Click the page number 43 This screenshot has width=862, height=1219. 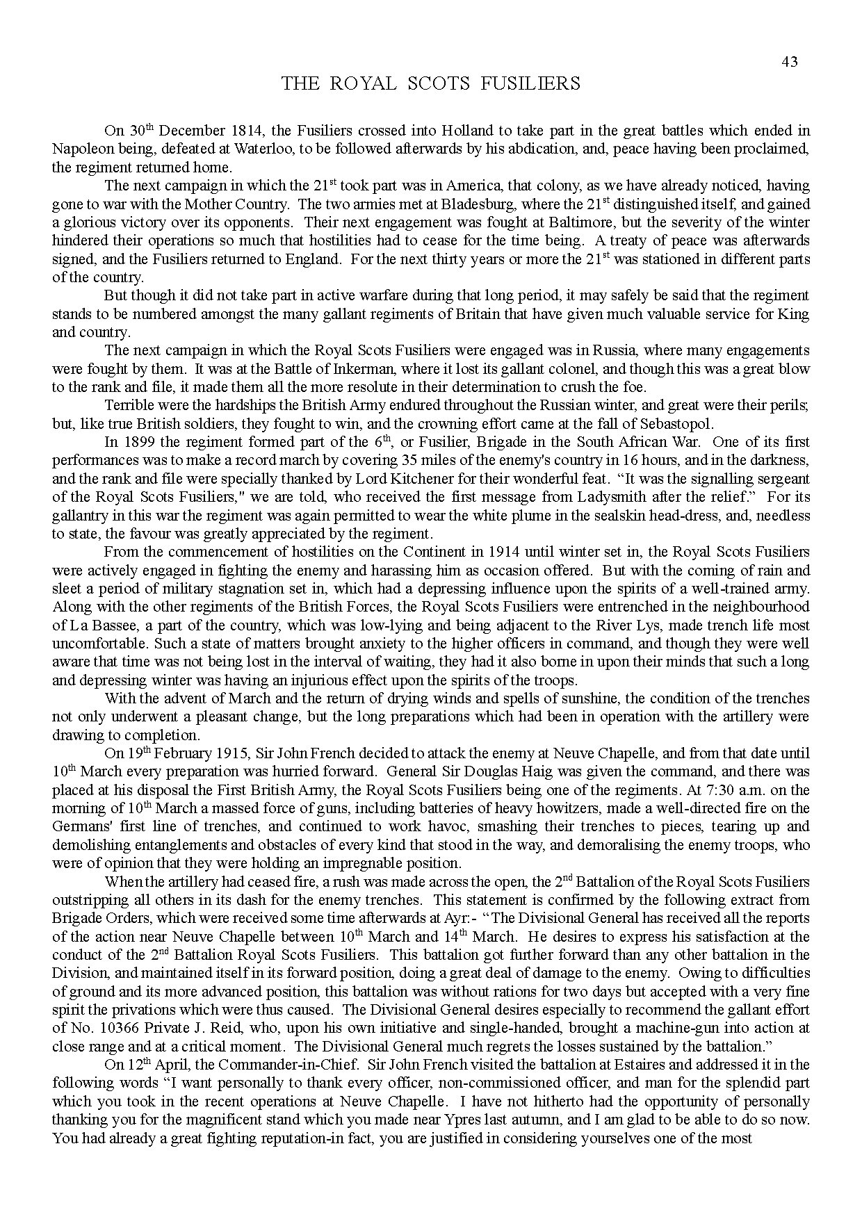(789, 62)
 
